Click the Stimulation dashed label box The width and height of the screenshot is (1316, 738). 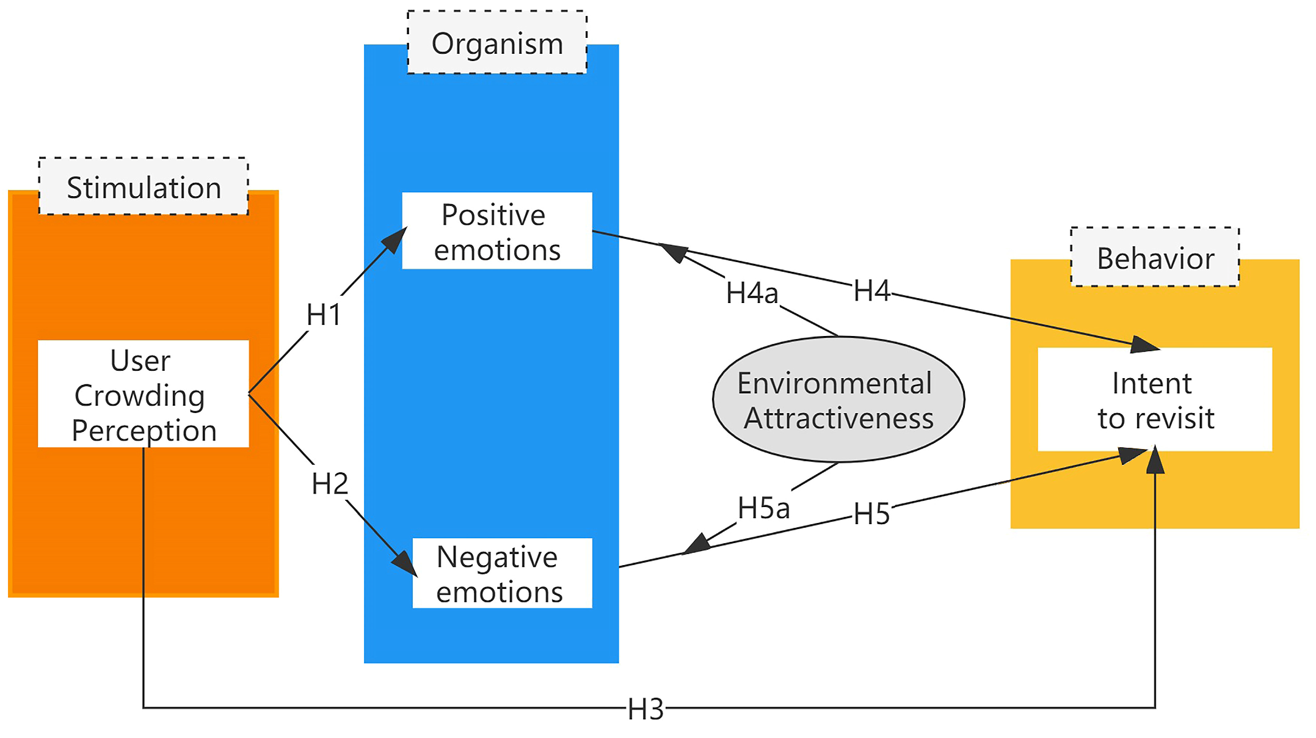[144, 186]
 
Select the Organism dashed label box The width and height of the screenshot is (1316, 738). [496, 43]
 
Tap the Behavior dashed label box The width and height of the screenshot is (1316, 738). [1155, 257]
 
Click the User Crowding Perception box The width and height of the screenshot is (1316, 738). [144, 393]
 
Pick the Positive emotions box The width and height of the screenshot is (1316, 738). [496, 231]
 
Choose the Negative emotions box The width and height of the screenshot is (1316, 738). [502, 573]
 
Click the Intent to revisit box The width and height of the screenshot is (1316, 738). [1155, 400]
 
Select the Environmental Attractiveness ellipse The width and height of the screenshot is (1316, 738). [838, 400]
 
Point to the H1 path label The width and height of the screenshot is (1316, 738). [324, 315]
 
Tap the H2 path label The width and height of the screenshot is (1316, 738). [330, 484]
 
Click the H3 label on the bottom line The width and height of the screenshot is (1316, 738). [645, 709]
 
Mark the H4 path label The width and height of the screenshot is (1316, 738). [871, 291]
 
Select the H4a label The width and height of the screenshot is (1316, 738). [752, 293]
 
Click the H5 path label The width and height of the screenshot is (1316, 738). [871, 514]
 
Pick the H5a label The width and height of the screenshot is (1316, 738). [763, 508]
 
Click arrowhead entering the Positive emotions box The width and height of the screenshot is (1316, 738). [396, 239]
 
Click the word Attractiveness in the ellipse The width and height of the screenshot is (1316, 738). [838, 418]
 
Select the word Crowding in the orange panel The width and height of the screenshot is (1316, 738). [140, 395]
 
